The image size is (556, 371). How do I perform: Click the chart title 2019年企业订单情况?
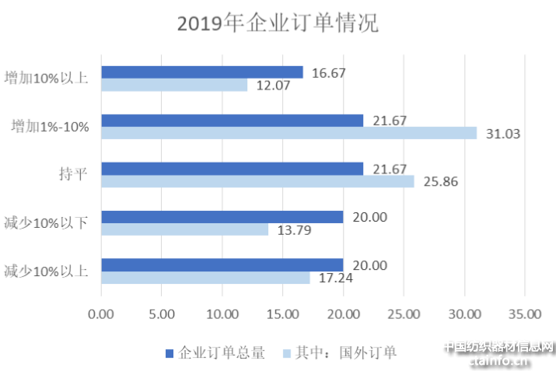[x=278, y=24]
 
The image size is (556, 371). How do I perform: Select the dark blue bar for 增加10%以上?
[x=202, y=72]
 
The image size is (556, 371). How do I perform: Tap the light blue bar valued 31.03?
[x=288, y=133]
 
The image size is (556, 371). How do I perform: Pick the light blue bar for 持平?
[x=257, y=181]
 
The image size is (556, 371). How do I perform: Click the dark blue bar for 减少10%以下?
[x=222, y=217]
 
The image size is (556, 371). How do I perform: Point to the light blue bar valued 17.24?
[x=205, y=278]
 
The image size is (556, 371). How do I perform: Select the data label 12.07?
[x=273, y=86]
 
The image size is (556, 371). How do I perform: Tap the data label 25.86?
[x=440, y=181]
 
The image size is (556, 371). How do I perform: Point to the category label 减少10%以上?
[x=45, y=271]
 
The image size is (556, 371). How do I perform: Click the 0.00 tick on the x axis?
[x=101, y=313]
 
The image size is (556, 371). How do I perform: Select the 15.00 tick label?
[x=282, y=313]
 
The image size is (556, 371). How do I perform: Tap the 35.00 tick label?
[x=524, y=313]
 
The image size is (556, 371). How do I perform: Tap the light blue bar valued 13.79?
[x=184, y=229]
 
